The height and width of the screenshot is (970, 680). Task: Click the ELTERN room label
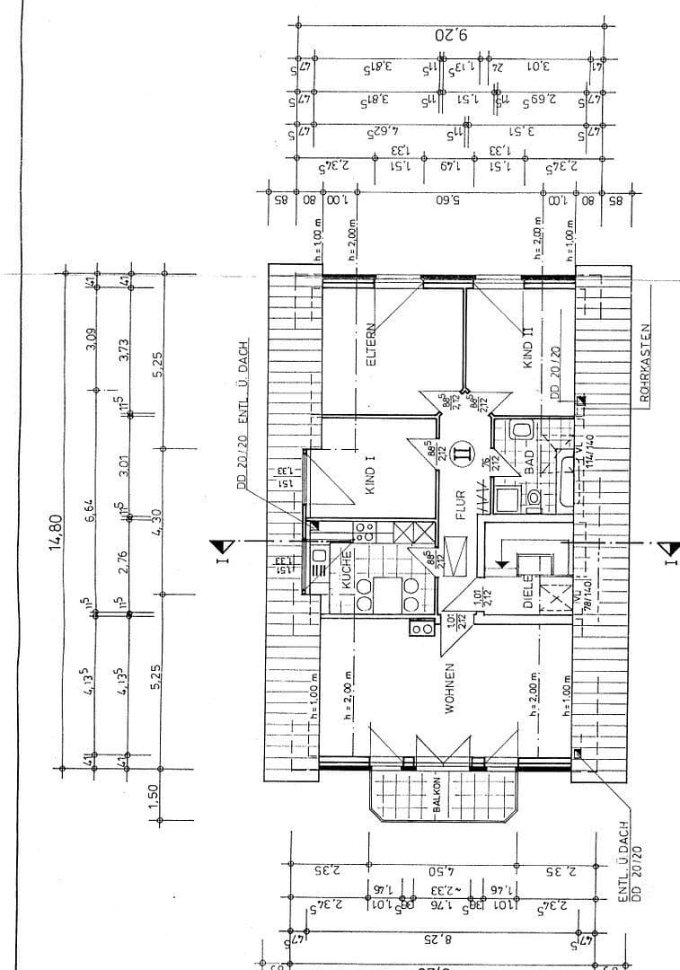370,343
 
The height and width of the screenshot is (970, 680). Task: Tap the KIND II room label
528,348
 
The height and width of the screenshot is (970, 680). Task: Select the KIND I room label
369,473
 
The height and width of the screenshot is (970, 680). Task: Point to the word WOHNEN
449,689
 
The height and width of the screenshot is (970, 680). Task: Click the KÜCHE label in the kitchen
346,571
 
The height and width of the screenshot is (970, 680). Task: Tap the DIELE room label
529,594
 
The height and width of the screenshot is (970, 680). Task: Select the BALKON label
437,796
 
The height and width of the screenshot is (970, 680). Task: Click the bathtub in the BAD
566,481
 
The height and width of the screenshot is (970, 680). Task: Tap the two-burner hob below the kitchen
422,629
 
